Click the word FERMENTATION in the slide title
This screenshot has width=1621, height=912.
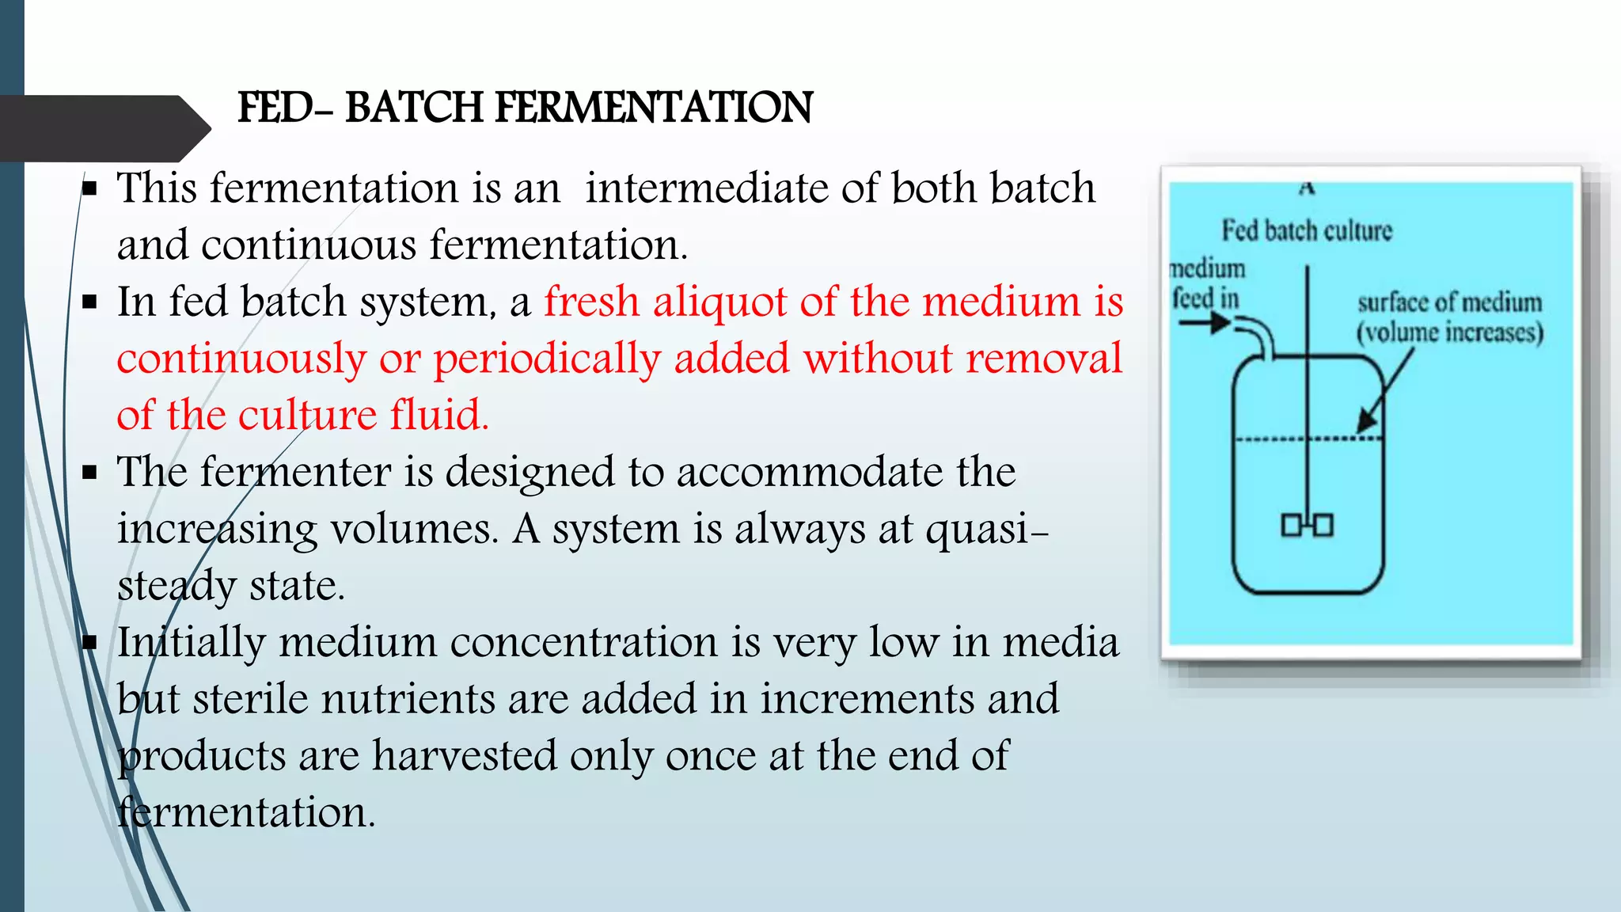(x=654, y=108)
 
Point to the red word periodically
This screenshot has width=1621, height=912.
(x=547, y=359)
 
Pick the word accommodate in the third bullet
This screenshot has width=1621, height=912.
(x=810, y=473)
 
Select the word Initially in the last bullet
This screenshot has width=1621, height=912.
(x=191, y=643)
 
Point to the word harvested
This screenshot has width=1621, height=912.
(x=465, y=756)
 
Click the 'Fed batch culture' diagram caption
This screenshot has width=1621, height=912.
(x=1306, y=231)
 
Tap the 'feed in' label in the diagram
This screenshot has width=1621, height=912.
(x=1205, y=299)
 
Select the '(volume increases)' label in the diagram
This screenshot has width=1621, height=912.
(x=1450, y=332)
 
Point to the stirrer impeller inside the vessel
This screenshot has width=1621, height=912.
(x=1307, y=525)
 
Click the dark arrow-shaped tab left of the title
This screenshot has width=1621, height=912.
(x=103, y=128)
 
